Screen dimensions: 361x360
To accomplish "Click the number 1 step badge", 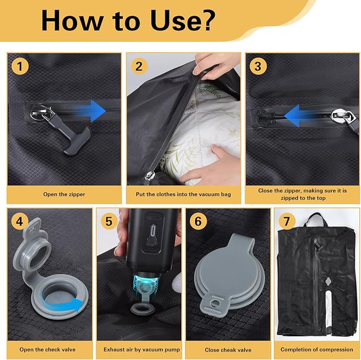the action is pos(20,66).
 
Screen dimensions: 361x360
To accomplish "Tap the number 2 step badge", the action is pos(139,66).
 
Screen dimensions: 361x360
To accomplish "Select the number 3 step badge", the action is pos(258,66).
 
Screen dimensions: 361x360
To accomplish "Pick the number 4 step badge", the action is pos(20,221).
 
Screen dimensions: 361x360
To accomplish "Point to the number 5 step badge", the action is pos(109,221).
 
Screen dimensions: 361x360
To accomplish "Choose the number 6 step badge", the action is pos(198,221).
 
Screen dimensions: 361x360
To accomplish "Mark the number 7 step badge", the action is pos(287,221).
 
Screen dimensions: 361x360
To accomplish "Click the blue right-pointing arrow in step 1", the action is pos(90,111).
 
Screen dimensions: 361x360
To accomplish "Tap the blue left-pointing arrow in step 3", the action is pos(299,116).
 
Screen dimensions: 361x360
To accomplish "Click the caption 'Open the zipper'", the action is pos(64,194).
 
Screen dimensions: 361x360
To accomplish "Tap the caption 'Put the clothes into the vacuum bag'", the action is pos(183,194).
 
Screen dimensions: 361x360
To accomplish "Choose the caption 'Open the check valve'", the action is pos(47,350).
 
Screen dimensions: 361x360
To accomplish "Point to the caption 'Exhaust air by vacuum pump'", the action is pos(141,350).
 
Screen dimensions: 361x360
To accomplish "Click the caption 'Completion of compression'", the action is pos(316,350).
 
